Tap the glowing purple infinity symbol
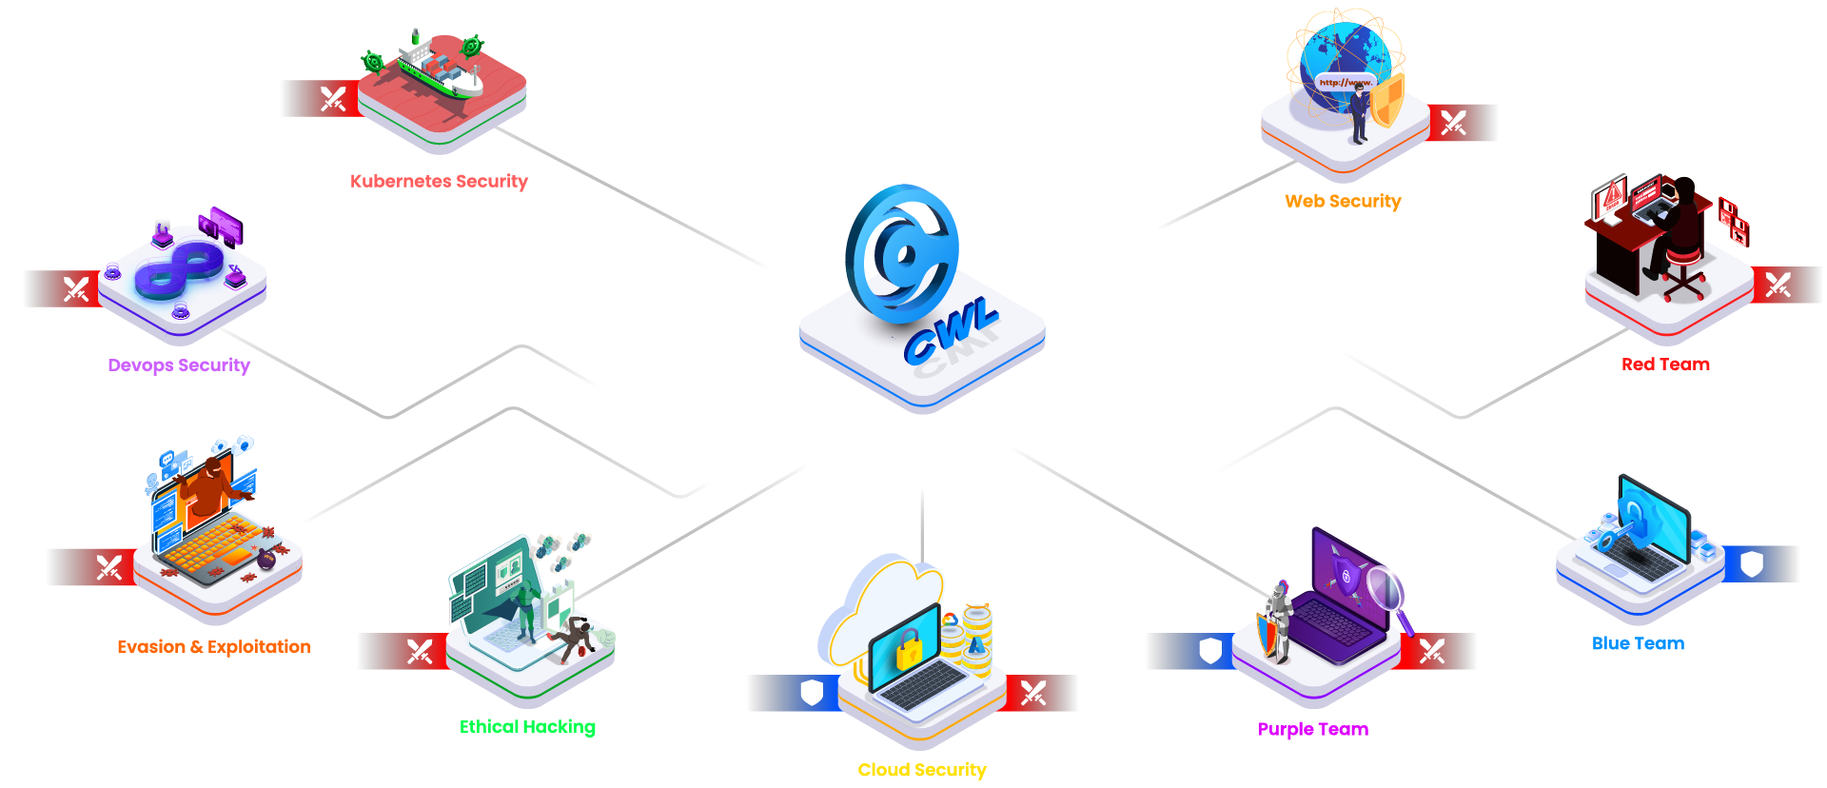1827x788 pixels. pos(180,267)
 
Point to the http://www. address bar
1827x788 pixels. pos(1345,83)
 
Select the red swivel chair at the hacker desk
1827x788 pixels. pos(1681,269)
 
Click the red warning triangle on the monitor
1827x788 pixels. pos(1612,198)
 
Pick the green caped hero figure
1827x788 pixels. pos(525,604)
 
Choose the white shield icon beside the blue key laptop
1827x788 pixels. pos(1752,565)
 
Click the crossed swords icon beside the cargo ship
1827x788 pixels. pos(333,99)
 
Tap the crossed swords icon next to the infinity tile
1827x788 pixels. pos(76,288)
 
